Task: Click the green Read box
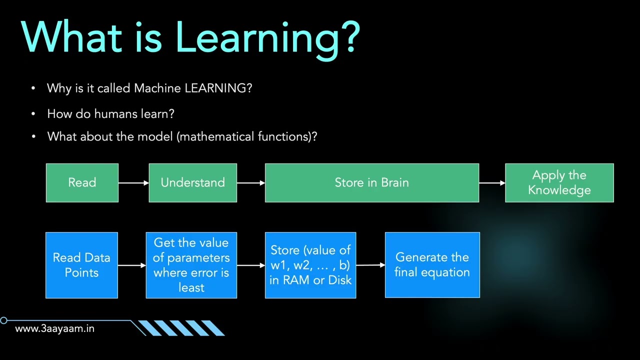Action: click(x=82, y=183)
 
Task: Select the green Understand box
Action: click(x=192, y=183)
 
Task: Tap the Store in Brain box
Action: click(x=371, y=183)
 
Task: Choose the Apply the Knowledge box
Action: click(x=559, y=183)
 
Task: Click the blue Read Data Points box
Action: click(x=81, y=265)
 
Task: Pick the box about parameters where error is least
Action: click(x=191, y=265)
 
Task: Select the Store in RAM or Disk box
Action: click(x=310, y=265)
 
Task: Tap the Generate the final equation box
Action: click(x=432, y=265)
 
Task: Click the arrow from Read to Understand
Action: click(x=133, y=183)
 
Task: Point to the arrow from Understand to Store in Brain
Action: click(x=250, y=183)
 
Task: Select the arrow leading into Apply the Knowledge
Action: click(x=492, y=183)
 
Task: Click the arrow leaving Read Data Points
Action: click(x=131, y=265)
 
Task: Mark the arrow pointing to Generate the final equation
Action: click(x=370, y=265)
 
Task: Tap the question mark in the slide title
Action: click(x=350, y=37)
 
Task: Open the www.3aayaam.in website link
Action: click(x=54, y=328)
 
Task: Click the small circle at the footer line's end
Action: click(x=4, y=320)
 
